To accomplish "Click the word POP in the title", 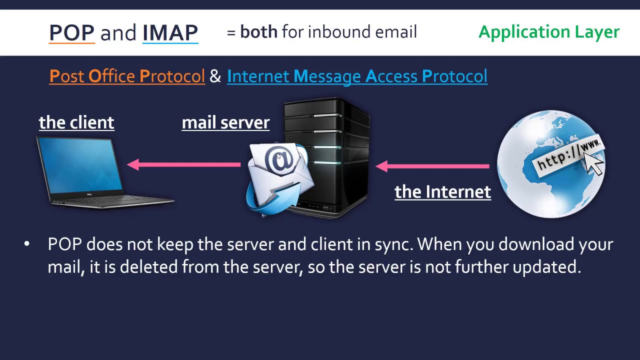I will click(x=71, y=32).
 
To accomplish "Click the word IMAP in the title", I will click(x=170, y=32).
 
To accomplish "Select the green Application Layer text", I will click(x=548, y=32).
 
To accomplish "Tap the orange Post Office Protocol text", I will click(x=127, y=76).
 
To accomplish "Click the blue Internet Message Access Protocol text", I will click(x=357, y=76).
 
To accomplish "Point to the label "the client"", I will click(x=76, y=122).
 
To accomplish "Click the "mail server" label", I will click(x=225, y=122).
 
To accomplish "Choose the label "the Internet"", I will click(x=442, y=192).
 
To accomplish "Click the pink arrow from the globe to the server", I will click(x=432, y=166).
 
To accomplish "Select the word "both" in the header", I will click(x=258, y=32).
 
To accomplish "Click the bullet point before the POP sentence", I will click(x=27, y=244).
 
